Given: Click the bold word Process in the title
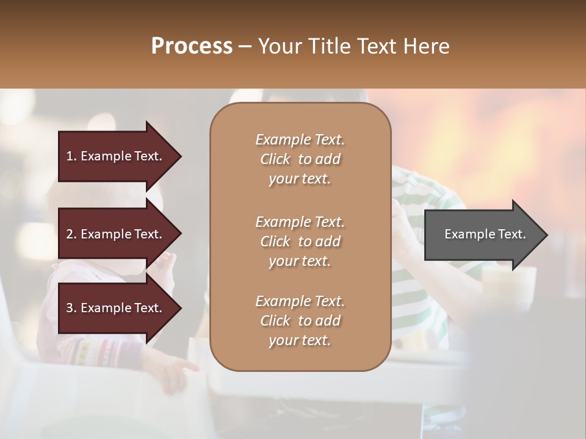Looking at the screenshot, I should [192, 46].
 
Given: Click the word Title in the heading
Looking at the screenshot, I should [330, 46].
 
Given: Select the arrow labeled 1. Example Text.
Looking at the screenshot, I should [116, 156].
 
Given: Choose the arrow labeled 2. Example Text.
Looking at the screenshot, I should [116, 234].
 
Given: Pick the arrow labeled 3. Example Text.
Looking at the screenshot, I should [116, 308].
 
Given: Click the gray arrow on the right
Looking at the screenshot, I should [482, 235].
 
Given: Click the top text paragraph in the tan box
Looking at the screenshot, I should [300, 159].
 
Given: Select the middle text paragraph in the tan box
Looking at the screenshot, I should [300, 241].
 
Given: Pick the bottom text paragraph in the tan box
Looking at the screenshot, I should [300, 321].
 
